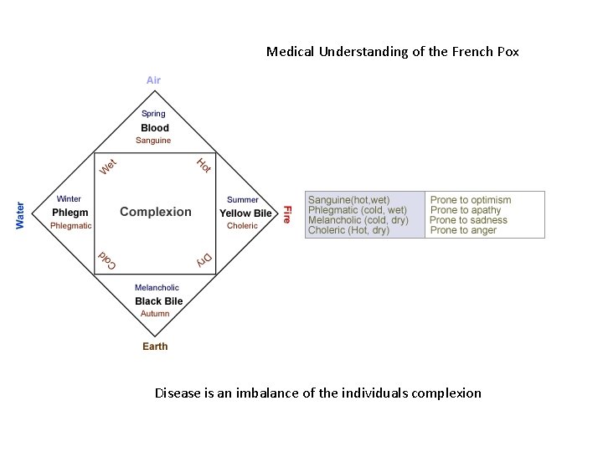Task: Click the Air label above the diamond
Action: tap(153, 80)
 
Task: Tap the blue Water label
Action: tap(20, 214)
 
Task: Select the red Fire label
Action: tap(286, 214)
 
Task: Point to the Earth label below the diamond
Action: tap(155, 347)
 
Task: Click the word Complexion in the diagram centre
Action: tap(156, 212)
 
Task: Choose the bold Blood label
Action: tap(155, 128)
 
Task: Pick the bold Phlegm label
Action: tap(70, 213)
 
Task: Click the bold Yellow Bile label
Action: tap(245, 213)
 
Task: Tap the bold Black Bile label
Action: tap(158, 301)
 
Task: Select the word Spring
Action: tap(153, 114)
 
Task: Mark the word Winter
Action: tap(69, 199)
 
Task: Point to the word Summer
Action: tap(243, 199)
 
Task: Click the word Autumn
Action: tap(155, 314)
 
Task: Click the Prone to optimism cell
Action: tap(471, 200)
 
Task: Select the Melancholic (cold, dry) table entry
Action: tap(358, 220)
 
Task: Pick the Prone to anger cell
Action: tap(463, 230)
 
